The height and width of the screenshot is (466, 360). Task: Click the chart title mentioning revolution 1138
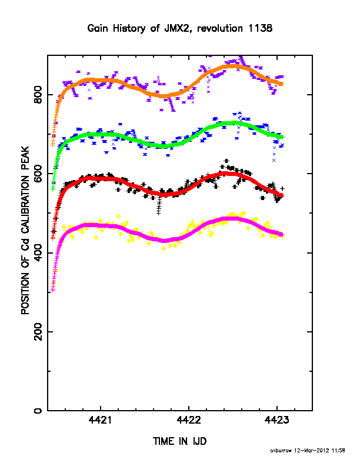click(x=179, y=28)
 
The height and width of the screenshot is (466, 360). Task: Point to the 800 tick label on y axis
click(x=38, y=95)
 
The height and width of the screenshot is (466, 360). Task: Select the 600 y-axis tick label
click(x=38, y=174)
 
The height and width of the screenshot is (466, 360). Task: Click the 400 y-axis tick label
click(x=38, y=252)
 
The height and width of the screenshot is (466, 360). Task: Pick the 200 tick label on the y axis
click(x=38, y=332)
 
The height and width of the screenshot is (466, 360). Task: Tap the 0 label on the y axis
click(x=38, y=411)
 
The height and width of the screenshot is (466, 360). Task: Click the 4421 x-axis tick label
click(x=101, y=420)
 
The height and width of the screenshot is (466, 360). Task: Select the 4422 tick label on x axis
click(x=189, y=420)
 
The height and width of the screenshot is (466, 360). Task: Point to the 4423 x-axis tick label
click(x=277, y=420)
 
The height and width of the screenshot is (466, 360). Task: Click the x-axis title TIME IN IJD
click(x=179, y=441)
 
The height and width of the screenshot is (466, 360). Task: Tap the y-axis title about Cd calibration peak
click(x=25, y=230)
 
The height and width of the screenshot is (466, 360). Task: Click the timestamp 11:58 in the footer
click(x=338, y=451)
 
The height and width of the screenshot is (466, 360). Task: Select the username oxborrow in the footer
click(x=281, y=451)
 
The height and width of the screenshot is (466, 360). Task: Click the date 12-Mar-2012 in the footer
click(x=312, y=451)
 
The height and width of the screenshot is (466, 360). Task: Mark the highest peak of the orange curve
click(x=232, y=66)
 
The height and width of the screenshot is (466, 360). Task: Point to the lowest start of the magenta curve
click(x=53, y=290)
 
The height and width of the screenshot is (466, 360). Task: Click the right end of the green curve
click(x=282, y=137)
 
